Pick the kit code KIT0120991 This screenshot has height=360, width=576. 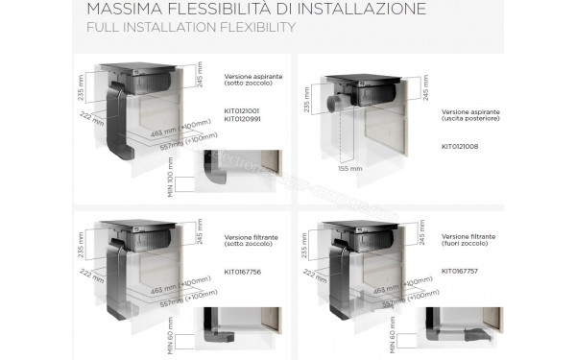tap(244, 119)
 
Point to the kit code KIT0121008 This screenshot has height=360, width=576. tap(461, 148)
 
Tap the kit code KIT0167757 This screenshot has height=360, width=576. tap(461, 272)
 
